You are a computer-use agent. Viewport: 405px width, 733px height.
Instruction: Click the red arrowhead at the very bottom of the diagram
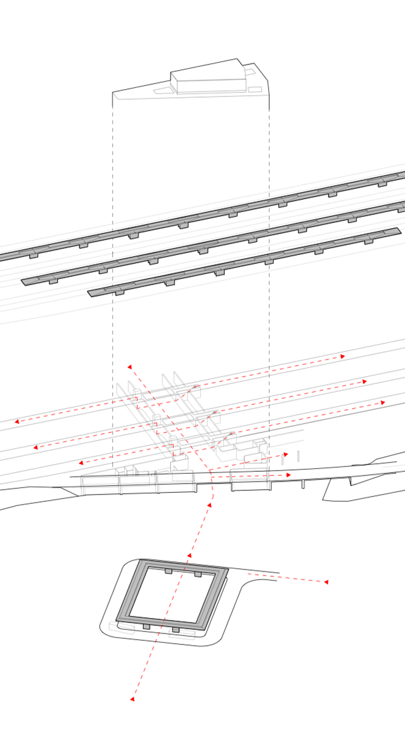click(x=132, y=699)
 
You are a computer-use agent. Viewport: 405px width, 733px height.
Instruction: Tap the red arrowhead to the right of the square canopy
click(x=326, y=581)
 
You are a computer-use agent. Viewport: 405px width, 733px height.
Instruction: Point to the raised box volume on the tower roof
click(x=209, y=76)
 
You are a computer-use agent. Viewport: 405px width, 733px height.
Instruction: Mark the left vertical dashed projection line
click(x=112, y=246)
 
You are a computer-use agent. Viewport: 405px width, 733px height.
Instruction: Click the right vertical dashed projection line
click(x=269, y=246)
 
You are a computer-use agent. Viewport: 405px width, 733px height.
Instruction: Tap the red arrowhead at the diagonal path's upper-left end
click(x=129, y=367)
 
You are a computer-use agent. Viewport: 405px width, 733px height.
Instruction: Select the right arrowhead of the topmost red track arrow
click(x=343, y=356)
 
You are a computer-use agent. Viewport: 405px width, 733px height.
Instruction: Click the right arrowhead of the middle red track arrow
click(x=364, y=382)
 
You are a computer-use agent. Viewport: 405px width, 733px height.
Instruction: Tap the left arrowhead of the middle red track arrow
click(x=36, y=447)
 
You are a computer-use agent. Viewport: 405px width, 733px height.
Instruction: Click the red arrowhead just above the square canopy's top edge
click(x=190, y=555)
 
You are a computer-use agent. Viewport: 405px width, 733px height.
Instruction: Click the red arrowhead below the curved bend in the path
click(x=209, y=505)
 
